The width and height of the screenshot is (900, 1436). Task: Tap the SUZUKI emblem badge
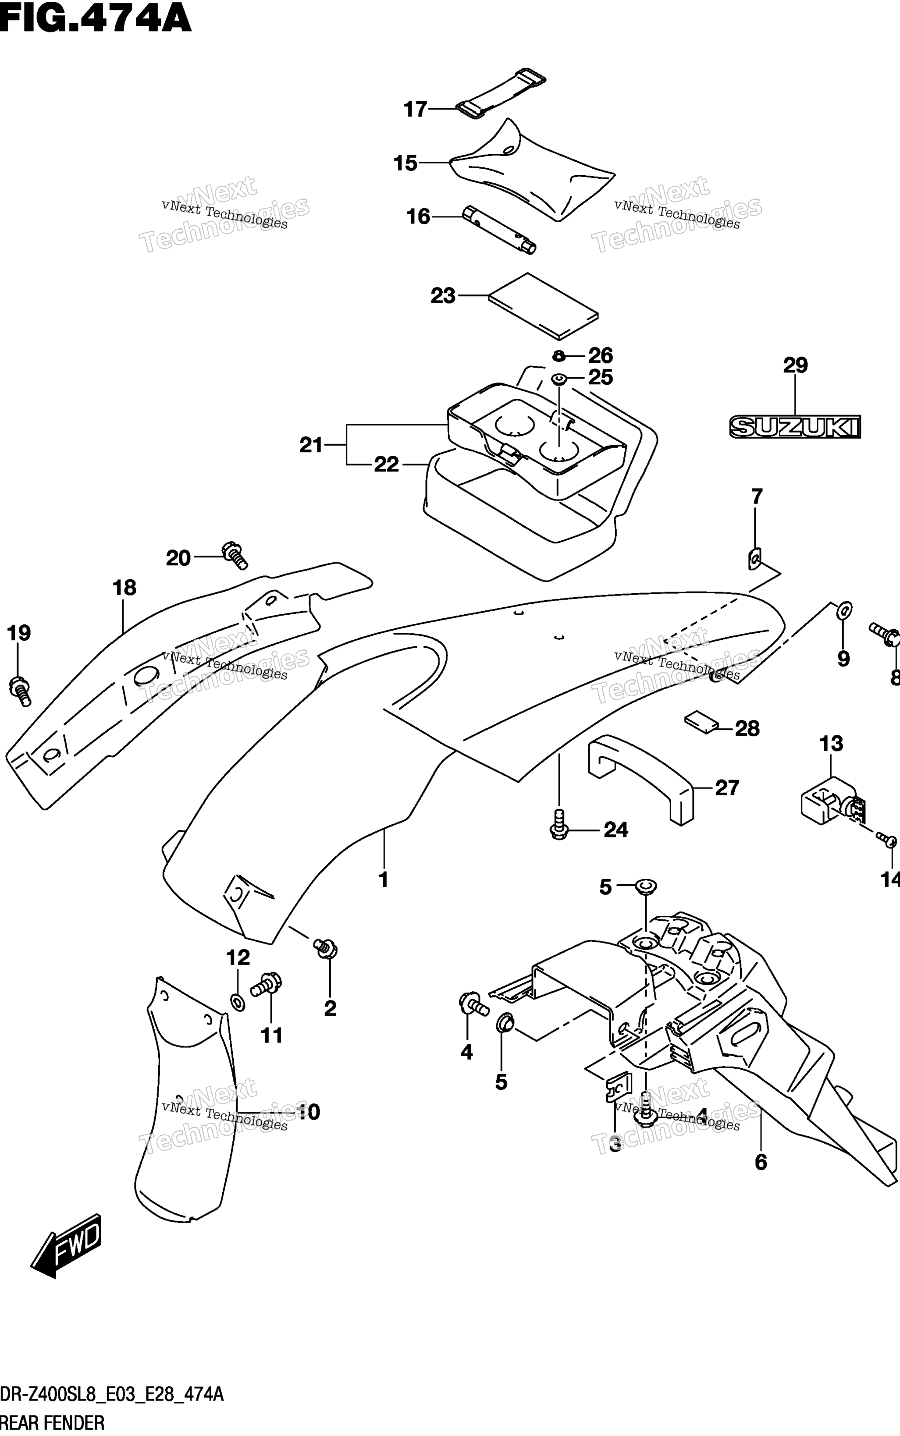coord(795,426)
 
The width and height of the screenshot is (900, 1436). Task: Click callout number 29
coord(795,365)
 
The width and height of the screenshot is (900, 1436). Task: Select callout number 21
coord(311,444)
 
